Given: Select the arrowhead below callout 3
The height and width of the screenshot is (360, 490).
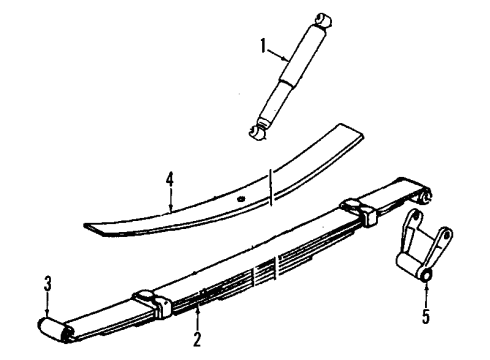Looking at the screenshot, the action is click(x=47, y=315).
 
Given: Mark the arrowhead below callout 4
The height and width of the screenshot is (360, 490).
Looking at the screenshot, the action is click(x=170, y=210).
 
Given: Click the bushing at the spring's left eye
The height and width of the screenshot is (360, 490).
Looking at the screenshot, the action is click(x=51, y=327).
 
